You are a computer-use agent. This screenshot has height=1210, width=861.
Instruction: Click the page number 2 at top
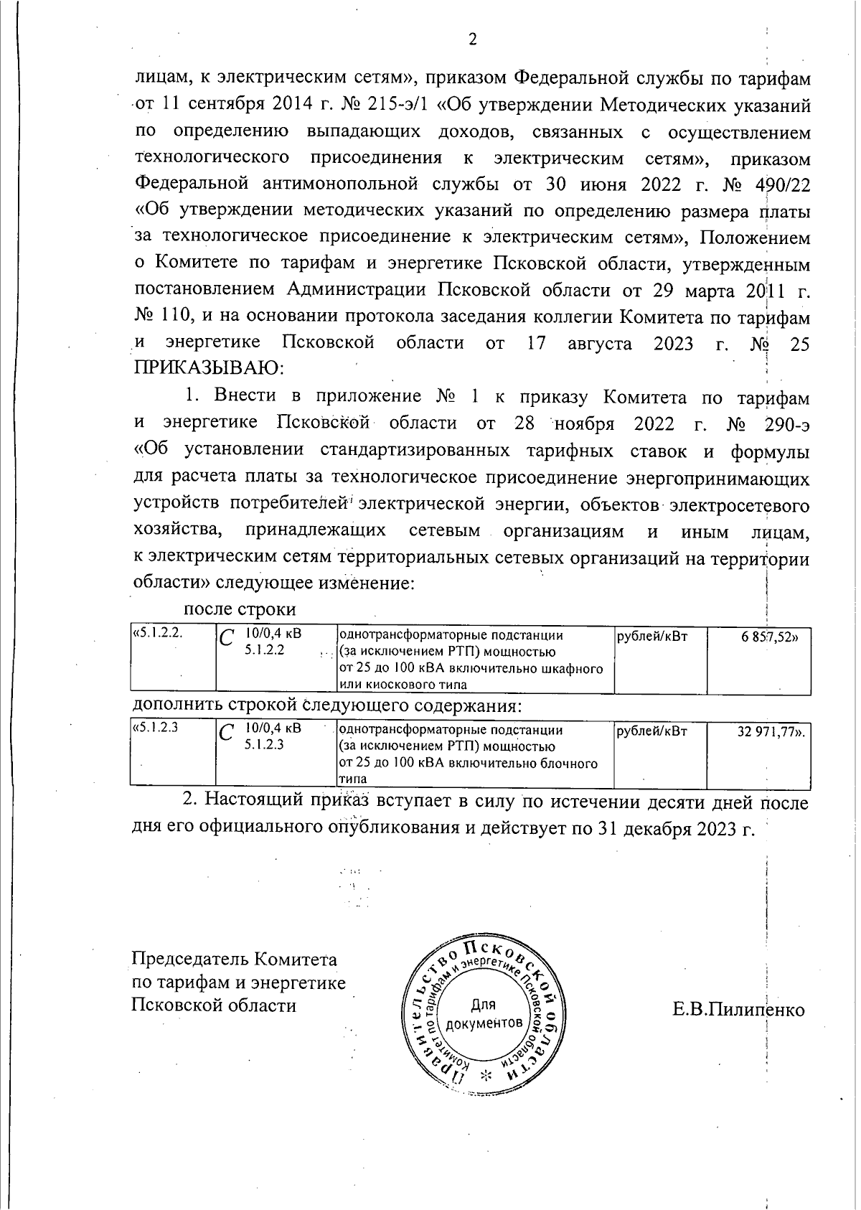[473, 39]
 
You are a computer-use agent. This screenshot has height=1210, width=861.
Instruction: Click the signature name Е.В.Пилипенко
[738, 1010]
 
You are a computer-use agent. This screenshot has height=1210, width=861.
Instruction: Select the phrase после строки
[240, 609]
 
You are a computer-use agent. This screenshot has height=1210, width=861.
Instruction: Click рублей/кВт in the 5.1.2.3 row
[651, 731]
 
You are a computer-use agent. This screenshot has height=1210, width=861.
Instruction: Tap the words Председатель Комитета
[234, 960]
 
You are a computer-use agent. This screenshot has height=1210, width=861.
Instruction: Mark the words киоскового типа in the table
[405, 685]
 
